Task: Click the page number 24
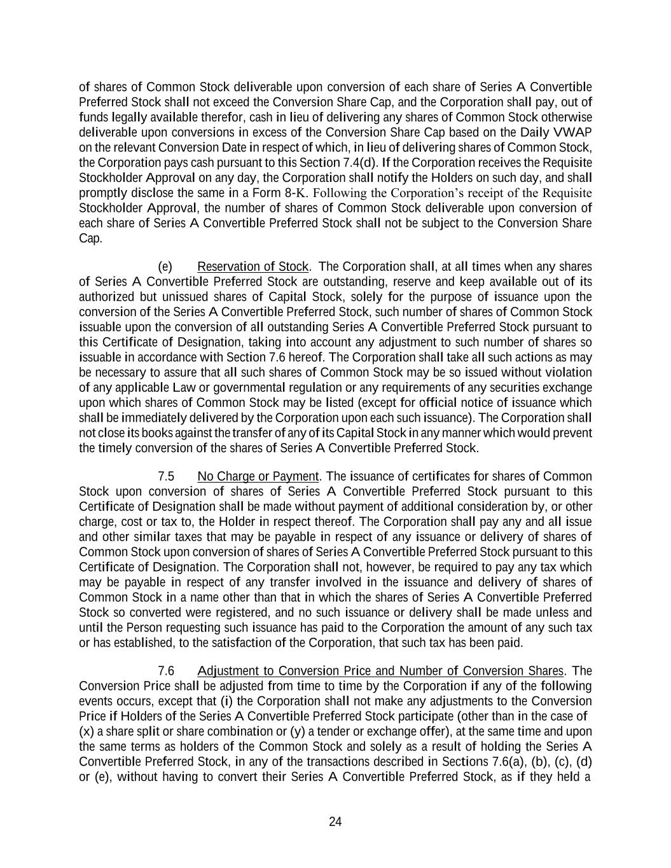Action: pos(335,822)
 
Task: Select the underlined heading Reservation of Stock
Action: pos(252,266)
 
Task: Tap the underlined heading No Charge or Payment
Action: pos(258,476)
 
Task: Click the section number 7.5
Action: pos(166,476)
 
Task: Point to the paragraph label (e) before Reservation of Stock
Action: pos(165,266)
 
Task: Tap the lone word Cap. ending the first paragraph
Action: pos(90,238)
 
